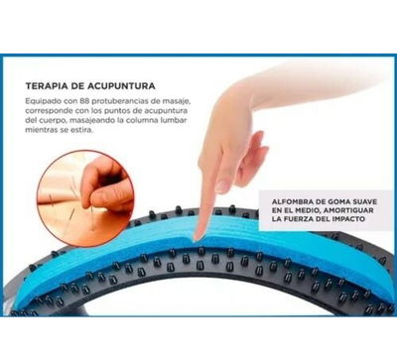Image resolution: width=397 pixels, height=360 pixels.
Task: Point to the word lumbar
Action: (x=174, y=120)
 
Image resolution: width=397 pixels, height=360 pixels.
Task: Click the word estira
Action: (x=81, y=130)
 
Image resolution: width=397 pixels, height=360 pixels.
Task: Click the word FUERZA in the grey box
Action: (x=300, y=219)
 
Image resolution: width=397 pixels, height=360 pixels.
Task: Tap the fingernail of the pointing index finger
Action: (x=222, y=185)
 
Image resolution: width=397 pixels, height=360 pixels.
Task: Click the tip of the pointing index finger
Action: (x=198, y=237)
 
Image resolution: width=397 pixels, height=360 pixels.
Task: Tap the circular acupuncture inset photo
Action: (x=85, y=198)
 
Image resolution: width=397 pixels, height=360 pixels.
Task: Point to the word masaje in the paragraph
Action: (x=178, y=100)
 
